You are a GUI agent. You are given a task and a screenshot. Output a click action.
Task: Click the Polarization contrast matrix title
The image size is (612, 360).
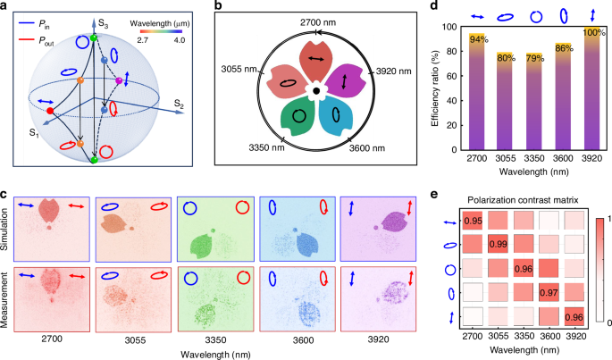524,199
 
